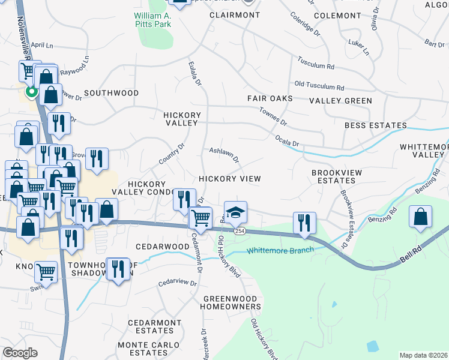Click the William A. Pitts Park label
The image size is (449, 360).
tap(152, 19)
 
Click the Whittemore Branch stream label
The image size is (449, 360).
tap(280, 250)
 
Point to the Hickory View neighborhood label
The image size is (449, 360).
tap(230, 179)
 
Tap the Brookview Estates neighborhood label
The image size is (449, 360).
tap(337, 176)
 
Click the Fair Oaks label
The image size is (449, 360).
tap(270, 98)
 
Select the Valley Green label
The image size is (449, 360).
tap(340, 101)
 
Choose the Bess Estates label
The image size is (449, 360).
tap(376, 125)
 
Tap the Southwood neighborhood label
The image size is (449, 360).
tap(111, 93)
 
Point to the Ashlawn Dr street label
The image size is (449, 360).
tap(224, 155)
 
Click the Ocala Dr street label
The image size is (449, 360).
tap(287, 140)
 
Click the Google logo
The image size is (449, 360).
tap(19, 353)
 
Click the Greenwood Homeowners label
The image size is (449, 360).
tap(232, 302)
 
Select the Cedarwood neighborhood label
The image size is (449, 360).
tap(162, 247)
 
